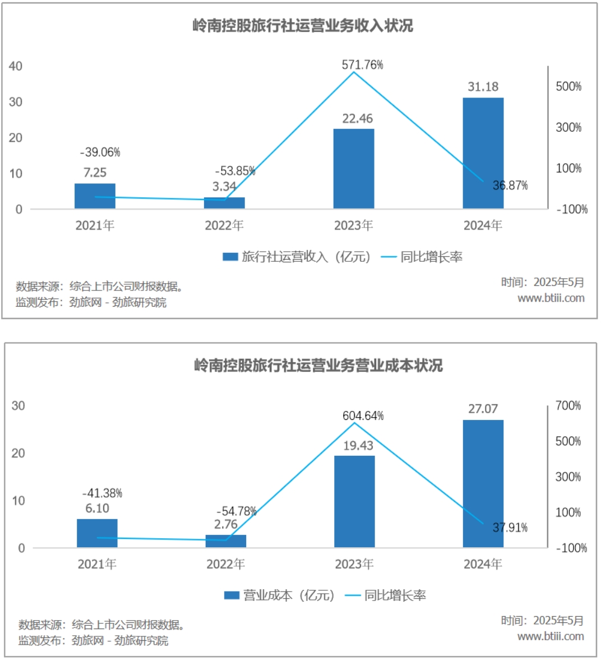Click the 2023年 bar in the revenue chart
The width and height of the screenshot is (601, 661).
354,169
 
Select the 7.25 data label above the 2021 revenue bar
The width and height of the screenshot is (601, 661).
95,173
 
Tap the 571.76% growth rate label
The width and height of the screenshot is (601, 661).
362,65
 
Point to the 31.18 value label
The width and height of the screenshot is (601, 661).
483,87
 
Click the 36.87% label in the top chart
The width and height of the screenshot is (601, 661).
510,186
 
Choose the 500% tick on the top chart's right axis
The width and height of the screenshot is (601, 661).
568,86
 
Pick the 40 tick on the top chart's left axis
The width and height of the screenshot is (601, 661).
16,66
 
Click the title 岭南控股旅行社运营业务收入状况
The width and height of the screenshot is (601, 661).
303,26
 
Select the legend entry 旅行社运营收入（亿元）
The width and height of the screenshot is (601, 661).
297,257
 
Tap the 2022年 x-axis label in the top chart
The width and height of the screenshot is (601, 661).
224,225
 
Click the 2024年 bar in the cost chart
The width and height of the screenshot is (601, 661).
483,483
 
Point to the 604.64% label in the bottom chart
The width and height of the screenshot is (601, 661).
363,416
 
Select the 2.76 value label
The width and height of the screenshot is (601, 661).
225,525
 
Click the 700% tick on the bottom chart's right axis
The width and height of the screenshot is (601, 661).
568,405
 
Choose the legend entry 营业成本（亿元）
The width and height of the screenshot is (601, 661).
279,595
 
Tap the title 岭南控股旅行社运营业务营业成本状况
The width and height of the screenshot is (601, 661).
318,366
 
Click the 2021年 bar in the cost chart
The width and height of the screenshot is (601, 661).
97,533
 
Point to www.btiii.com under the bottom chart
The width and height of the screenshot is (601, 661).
550,636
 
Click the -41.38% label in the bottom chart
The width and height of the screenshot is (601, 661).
102,493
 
